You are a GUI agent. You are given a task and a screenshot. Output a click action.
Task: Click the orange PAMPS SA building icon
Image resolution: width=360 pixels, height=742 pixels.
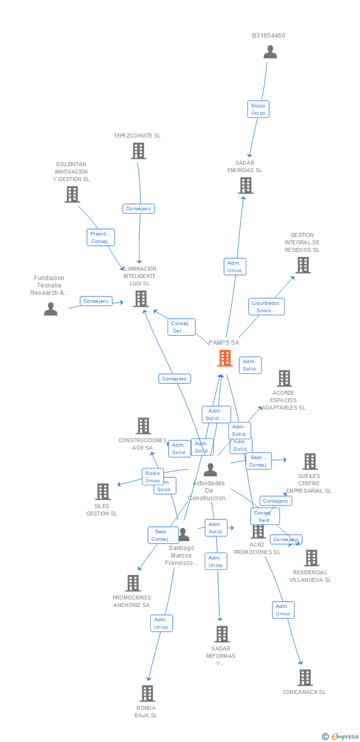tap(225, 358)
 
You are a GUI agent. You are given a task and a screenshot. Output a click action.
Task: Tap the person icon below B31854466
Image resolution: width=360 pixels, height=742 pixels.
tap(270, 52)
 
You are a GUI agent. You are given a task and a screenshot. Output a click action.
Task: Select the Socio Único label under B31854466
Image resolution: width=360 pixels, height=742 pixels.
tap(258, 109)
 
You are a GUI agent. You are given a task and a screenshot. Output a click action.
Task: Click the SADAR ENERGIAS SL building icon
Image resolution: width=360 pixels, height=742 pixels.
tap(245, 185)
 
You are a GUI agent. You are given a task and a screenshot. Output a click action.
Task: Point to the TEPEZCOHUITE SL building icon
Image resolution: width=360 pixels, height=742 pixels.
tap(138, 151)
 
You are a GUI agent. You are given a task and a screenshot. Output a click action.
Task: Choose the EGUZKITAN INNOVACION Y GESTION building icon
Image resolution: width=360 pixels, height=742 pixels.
tap(72, 194)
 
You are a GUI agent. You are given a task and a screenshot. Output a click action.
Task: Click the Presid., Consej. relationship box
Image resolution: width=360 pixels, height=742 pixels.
tap(101, 237)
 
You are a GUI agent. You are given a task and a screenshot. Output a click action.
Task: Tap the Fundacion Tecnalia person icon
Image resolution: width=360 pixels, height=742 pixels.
tap(50, 309)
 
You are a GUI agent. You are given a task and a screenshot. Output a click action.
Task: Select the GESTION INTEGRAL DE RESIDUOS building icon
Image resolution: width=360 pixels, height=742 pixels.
tap(303, 265)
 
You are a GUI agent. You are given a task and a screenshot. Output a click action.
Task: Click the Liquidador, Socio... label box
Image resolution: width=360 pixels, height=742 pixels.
tap(267, 307)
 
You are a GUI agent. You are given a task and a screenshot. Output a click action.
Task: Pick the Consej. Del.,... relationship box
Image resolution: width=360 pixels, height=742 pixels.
tap(181, 327)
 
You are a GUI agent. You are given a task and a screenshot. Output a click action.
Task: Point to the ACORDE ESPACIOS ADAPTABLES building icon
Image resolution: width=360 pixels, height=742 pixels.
tap(284, 378)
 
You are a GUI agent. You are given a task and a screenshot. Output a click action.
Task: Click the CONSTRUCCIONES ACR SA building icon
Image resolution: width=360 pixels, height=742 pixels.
tap(143, 426)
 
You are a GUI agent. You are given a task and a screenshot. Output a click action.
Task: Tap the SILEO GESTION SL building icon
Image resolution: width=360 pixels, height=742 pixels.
tap(103, 492)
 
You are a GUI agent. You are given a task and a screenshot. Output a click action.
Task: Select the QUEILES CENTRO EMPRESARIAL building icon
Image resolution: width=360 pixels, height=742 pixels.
tap(310, 462)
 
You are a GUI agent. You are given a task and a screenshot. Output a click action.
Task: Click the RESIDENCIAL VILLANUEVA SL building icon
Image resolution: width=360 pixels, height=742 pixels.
tap(311, 558)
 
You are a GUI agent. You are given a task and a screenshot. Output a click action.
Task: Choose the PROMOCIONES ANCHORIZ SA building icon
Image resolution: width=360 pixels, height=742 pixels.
tap(133, 583)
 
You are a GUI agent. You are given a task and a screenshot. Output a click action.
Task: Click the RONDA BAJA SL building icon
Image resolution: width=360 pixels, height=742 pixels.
tap(147, 694)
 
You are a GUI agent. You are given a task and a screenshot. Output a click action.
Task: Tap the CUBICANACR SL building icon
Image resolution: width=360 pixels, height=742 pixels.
tap(305, 678)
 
